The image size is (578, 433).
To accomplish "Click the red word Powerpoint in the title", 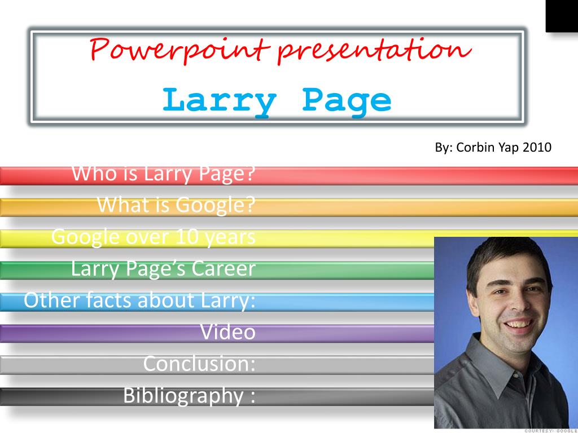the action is [x=180, y=50].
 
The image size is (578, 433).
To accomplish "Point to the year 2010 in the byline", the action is [x=537, y=147].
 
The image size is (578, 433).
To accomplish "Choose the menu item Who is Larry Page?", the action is [x=163, y=174].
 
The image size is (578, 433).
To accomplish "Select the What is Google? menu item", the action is [x=176, y=205].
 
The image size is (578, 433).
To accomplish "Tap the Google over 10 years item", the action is [x=154, y=237].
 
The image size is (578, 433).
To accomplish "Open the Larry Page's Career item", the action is [x=163, y=268].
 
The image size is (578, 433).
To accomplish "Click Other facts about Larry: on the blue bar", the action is [x=140, y=301].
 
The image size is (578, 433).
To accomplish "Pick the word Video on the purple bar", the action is [x=228, y=332].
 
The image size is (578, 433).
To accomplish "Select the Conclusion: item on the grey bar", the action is [x=199, y=364].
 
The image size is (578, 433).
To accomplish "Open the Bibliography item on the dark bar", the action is [x=189, y=396].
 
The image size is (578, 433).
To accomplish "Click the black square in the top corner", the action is [x=562, y=16].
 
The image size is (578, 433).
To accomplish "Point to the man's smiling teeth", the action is [x=519, y=324].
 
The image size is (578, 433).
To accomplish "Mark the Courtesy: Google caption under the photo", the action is [x=551, y=431].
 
